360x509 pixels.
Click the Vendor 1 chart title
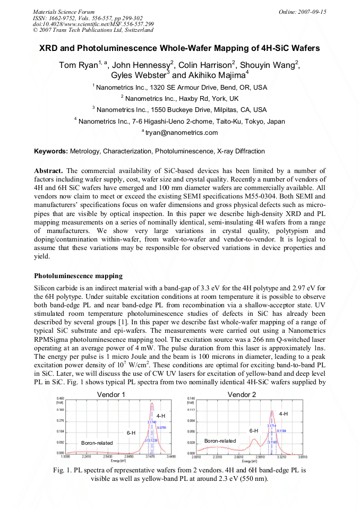(111, 394)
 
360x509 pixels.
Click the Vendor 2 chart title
(242, 394)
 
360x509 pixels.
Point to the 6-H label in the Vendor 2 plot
(254, 431)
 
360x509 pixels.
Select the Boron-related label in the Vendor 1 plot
(97, 443)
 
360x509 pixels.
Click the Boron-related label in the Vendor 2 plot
(220, 441)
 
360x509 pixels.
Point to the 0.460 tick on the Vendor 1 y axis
(60, 399)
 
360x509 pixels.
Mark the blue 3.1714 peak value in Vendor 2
(271, 426)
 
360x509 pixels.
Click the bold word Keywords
(51, 151)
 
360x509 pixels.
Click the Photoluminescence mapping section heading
(78, 276)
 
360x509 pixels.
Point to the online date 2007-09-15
(313, 12)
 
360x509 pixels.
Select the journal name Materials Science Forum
(64, 12)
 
